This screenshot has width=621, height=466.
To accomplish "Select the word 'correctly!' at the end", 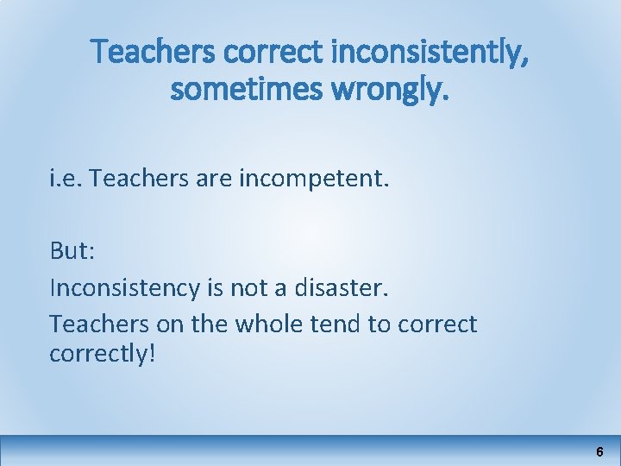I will pyautogui.click(x=103, y=354).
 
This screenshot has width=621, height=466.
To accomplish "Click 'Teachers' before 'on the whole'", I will pyautogui.click(x=91, y=324).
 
